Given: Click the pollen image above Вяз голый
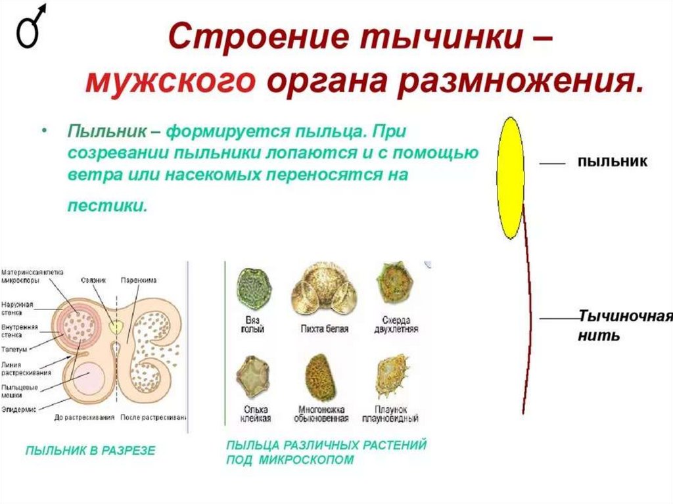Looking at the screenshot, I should click(x=252, y=288).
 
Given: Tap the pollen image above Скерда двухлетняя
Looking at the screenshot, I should click(x=393, y=283).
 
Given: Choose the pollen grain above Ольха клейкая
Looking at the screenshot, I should click(x=252, y=377).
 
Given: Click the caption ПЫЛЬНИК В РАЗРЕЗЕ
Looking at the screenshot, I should click(x=91, y=451).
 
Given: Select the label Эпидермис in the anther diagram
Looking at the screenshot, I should click(x=16, y=409).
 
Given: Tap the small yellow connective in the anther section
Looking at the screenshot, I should click(x=116, y=327).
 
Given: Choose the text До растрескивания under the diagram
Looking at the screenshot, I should click(x=85, y=417).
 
